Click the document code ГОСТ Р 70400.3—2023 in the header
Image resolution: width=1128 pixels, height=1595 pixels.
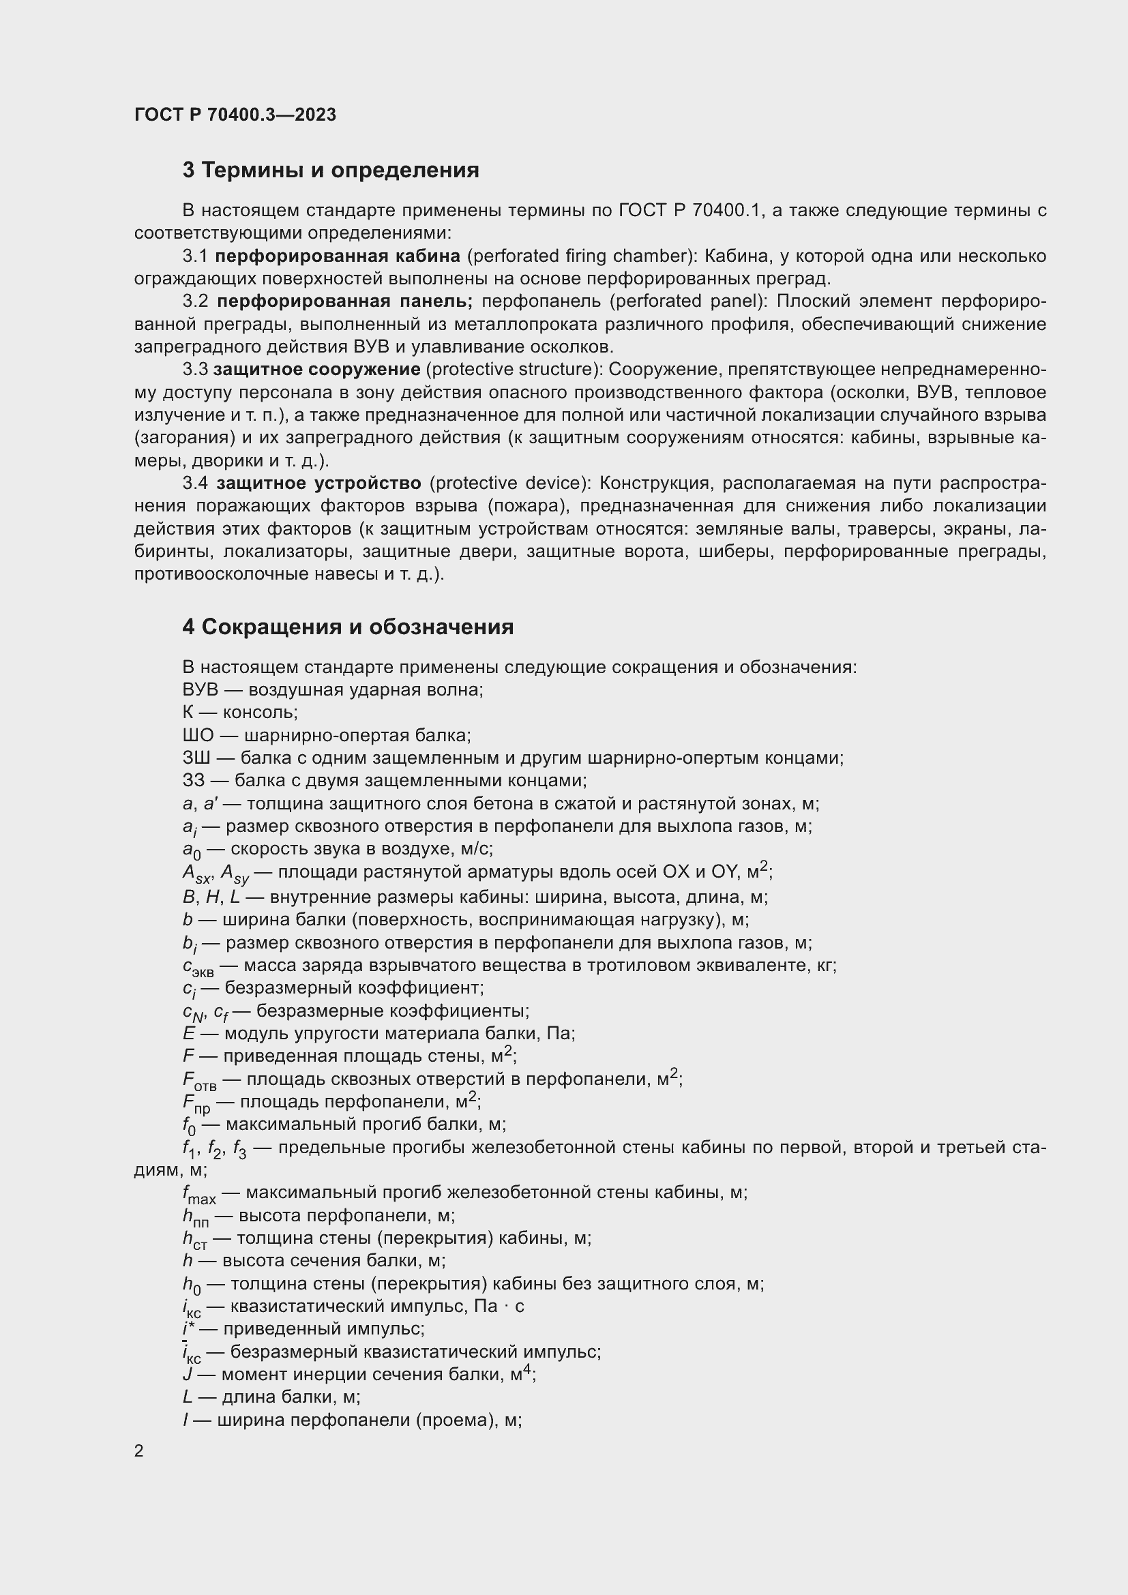[235, 115]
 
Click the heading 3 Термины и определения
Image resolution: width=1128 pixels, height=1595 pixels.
[331, 170]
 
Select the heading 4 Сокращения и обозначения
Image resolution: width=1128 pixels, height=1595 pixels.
[348, 627]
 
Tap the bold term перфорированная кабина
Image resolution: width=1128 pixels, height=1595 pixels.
[337, 256]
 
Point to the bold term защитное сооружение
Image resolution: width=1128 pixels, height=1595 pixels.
[316, 370]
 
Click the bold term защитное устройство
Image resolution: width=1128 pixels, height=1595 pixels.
[318, 483]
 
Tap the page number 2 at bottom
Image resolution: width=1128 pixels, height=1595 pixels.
[139, 1450]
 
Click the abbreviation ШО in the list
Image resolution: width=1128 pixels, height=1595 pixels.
[198, 735]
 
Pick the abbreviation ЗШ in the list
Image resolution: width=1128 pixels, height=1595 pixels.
[196, 758]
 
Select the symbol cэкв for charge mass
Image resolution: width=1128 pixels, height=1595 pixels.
[198, 967]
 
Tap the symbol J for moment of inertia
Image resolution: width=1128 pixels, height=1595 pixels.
[188, 1375]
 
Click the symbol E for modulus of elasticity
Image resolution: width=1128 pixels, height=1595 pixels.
[188, 1034]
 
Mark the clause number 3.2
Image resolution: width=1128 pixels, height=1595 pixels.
[195, 301]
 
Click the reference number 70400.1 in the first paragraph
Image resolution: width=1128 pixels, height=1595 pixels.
[727, 211]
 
